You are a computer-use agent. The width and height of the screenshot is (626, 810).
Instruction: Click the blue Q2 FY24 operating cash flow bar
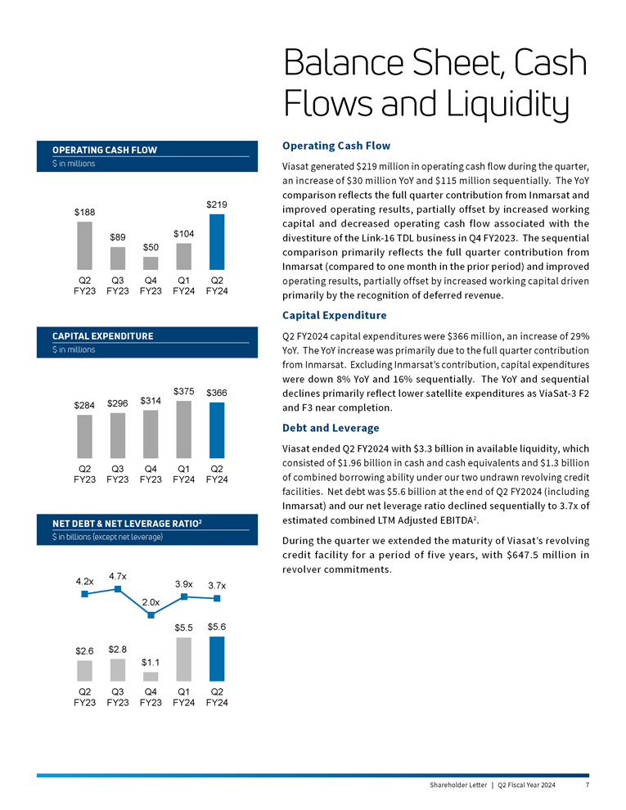click(x=217, y=241)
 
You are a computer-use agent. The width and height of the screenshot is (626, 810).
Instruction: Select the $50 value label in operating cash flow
click(x=151, y=246)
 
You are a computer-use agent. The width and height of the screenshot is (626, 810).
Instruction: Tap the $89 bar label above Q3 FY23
click(x=118, y=236)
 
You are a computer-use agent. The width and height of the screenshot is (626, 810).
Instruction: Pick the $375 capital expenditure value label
click(x=183, y=390)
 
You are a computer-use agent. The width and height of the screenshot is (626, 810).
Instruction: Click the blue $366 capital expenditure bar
click(x=217, y=430)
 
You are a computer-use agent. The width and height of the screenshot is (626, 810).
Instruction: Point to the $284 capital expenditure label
click(x=84, y=405)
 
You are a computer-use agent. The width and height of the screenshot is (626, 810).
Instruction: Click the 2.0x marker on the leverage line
click(x=151, y=615)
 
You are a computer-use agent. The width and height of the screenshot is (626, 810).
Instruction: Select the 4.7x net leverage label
click(x=117, y=576)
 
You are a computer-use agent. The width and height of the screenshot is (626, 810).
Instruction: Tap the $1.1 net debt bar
click(x=151, y=677)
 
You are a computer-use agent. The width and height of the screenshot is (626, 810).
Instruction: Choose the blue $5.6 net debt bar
click(x=217, y=659)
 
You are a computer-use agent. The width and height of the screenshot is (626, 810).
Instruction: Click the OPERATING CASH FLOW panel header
click(x=105, y=150)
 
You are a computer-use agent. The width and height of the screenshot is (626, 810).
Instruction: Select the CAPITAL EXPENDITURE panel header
click(x=102, y=336)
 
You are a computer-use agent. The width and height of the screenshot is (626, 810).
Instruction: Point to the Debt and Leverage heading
click(x=330, y=428)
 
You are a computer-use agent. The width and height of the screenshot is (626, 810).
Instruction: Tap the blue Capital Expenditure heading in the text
click(x=334, y=315)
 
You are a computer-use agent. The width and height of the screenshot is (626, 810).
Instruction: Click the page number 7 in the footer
click(x=588, y=785)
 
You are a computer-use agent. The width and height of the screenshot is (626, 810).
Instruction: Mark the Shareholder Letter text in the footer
click(x=457, y=785)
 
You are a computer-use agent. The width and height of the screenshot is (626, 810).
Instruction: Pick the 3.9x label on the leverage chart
click(x=184, y=583)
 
